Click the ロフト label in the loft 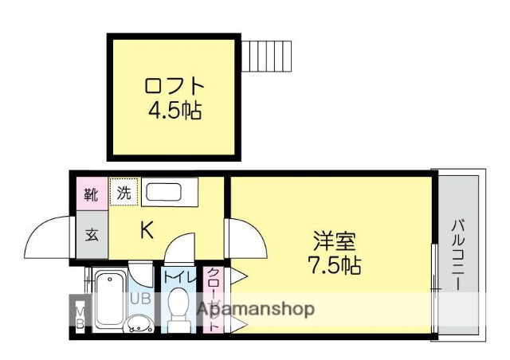coord(175,85)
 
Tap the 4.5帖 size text coord(174,110)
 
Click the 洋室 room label coord(333,239)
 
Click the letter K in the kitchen coord(147,231)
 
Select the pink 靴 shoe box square coord(92,193)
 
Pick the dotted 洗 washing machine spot coord(124,192)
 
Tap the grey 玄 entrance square coord(92,235)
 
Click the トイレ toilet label coord(179,277)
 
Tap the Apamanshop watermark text coord(255,309)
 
